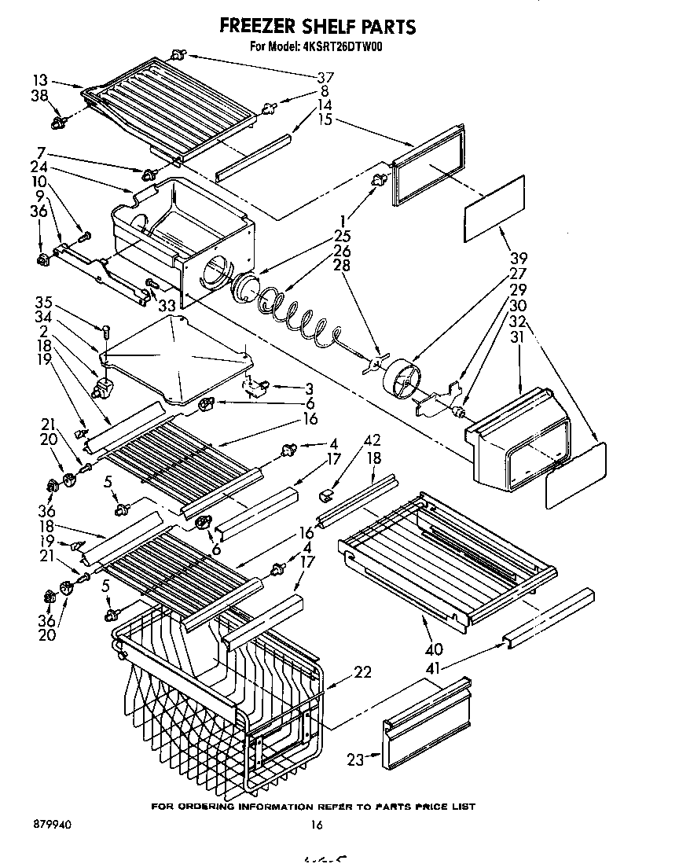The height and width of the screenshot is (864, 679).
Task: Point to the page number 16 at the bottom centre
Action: point(317,825)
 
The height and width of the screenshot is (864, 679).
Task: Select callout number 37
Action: point(325,78)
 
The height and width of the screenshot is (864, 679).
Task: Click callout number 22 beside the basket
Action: point(362,672)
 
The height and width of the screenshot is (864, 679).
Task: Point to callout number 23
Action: point(355,759)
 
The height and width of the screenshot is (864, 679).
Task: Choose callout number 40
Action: point(433,649)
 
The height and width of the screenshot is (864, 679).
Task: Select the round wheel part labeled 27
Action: point(402,381)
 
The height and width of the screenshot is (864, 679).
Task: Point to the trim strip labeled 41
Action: point(549,618)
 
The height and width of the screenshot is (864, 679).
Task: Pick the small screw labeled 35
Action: point(105,328)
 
